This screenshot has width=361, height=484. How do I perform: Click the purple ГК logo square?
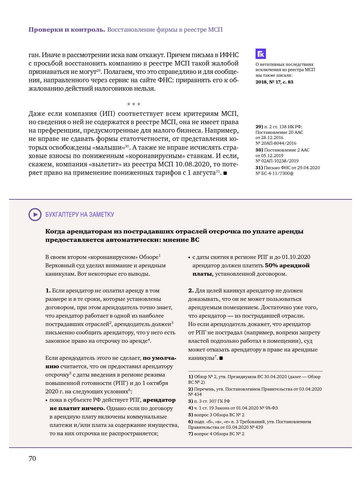[x=261, y=54]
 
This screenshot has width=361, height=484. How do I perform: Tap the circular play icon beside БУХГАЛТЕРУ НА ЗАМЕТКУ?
[x=35, y=215]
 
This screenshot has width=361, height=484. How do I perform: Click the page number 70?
[x=32, y=459]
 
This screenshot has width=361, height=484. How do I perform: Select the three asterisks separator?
[x=134, y=104]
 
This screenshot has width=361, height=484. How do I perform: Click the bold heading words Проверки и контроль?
[x=67, y=30]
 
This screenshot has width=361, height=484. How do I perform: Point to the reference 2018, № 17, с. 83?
[x=274, y=82]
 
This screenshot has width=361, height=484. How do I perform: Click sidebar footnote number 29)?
[x=259, y=127]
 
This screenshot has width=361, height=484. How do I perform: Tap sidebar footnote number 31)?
[x=259, y=168]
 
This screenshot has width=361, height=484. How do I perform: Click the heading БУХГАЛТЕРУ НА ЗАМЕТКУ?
[x=80, y=215]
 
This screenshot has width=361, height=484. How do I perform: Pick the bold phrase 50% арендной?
[x=287, y=265]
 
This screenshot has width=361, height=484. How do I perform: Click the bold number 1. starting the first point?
[x=48, y=291]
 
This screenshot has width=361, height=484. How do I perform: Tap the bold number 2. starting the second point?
[x=191, y=291]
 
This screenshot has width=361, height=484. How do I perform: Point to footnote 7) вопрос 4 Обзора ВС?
[x=216, y=434]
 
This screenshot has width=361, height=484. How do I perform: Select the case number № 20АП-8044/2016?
[x=276, y=143]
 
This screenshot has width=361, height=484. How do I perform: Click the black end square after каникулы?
[x=221, y=358]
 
